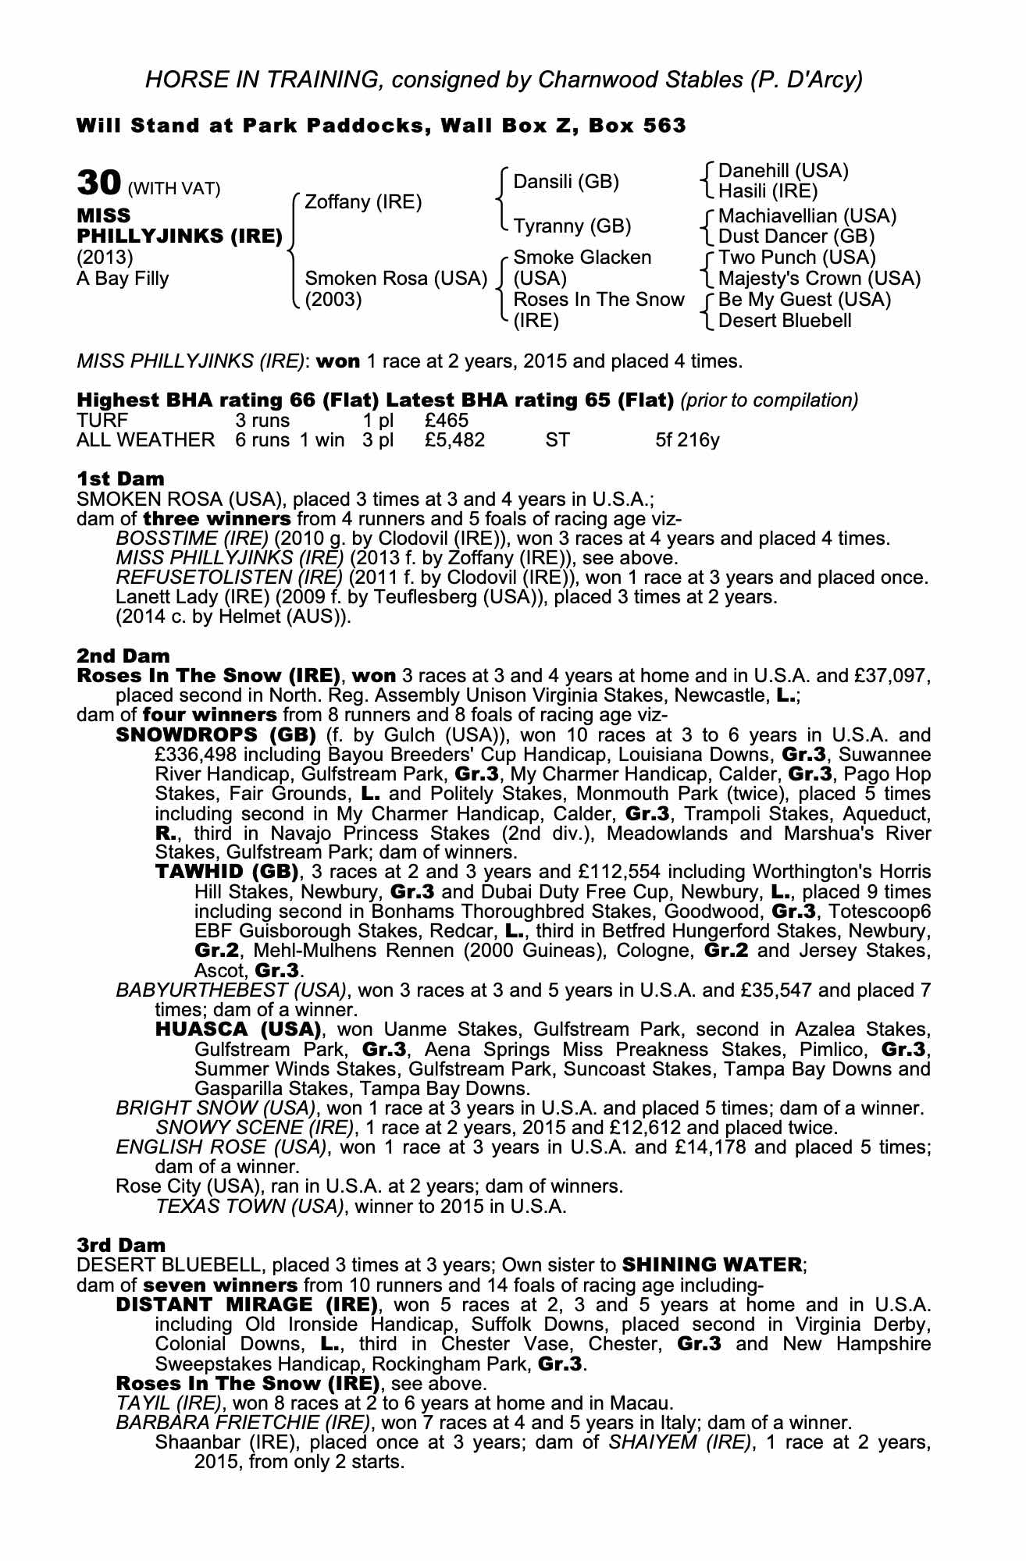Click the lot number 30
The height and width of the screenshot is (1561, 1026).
tap(98, 183)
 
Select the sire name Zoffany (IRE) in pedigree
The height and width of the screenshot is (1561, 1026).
tap(362, 202)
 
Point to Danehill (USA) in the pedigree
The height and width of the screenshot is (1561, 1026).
tap(782, 170)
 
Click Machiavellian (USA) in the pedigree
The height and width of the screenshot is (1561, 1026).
tap(807, 215)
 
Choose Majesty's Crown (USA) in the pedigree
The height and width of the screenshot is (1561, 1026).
tap(819, 279)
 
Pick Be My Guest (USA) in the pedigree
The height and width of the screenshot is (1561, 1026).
tap(804, 300)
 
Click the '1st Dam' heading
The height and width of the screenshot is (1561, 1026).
tap(120, 478)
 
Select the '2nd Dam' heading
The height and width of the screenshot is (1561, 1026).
tap(123, 656)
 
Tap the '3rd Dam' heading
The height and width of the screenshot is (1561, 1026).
tap(121, 1245)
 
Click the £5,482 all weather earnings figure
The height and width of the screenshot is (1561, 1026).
tap(454, 440)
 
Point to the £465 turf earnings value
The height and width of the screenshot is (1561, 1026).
tap(447, 421)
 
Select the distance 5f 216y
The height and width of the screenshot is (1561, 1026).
tap(687, 440)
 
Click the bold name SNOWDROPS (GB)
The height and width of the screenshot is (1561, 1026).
tap(215, 735)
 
